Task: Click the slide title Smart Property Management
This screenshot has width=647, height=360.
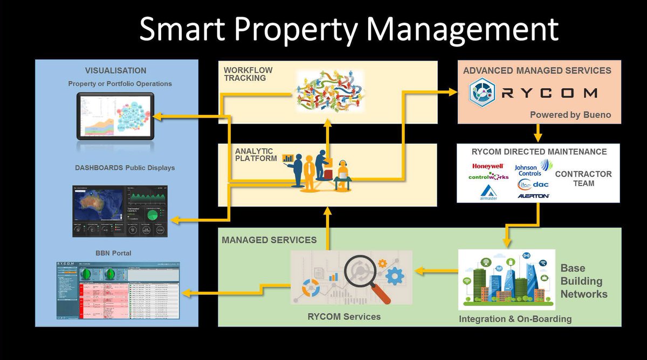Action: pos(348,30)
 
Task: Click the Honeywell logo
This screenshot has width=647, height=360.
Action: pos(487,167)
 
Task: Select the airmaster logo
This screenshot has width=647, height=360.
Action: pos(488,192)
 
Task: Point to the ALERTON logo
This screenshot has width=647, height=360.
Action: pos(533,196)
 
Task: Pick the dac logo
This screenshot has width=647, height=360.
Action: pos(533,184)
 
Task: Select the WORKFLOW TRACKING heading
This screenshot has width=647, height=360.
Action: pos(248,74)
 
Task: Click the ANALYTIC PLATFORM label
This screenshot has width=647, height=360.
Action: pos(253,155)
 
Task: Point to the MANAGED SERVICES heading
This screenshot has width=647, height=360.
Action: pos(269,239)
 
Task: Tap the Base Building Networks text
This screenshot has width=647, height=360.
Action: pos(583,281)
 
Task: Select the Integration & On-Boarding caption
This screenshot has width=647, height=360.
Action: pos(515,319)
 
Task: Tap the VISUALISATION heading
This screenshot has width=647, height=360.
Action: pos(115,71)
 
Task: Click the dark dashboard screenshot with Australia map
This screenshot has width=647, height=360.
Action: pos(120,211)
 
